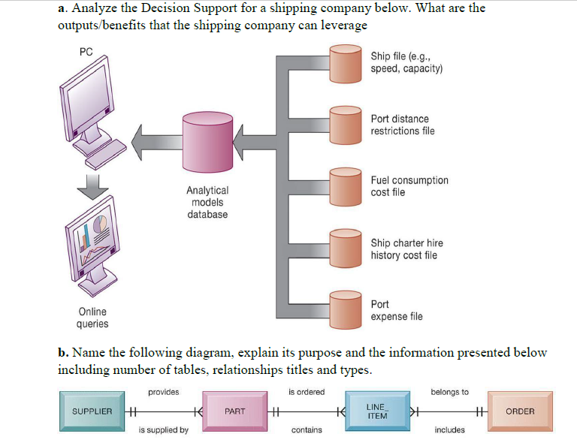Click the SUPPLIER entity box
click(92, 411)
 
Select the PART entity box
click(234, 411)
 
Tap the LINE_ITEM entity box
click(376, 411)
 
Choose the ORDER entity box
click(520, 411)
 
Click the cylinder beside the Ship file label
click(346, 63)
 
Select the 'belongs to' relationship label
click(449, 392)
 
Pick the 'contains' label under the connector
click(307, 429)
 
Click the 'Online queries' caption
click(92, 318)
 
